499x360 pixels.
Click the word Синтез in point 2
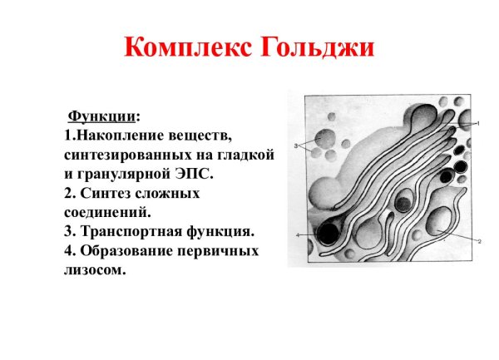tap(107, 194)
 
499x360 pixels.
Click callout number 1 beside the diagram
tap(480, 123)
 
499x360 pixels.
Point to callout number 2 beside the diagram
tap(480, 241)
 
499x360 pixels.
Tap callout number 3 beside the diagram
tap(295, 146)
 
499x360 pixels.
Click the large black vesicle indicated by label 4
tap(327, 234)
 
